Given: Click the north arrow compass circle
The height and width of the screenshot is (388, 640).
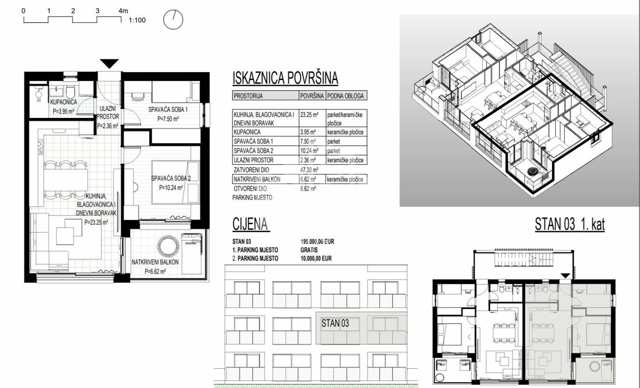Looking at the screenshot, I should (173, 20).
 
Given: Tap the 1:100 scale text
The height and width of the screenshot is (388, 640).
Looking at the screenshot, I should (137, 21).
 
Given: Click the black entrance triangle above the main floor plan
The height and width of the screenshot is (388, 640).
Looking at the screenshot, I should (110, 64).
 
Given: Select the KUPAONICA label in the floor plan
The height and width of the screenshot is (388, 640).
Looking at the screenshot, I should (65, 101).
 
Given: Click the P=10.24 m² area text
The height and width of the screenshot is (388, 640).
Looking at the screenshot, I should (171, 187).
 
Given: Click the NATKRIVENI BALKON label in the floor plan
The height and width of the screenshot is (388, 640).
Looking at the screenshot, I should (155, 263).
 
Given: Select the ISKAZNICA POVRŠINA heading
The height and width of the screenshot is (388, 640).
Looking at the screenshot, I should (285, 78).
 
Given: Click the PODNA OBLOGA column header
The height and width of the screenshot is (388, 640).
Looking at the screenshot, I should (346, 97).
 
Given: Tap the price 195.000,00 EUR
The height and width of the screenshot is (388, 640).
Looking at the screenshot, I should (317, 241).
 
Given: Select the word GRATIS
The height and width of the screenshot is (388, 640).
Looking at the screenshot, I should (309, 249).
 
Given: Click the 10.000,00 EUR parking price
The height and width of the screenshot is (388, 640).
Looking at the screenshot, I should (316, 258).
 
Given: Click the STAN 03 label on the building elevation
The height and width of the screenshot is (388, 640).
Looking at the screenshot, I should (335, 323).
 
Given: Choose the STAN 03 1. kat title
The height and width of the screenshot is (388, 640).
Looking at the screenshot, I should (569, 225).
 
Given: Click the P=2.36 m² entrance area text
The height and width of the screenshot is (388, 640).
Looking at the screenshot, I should (108, 126).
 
